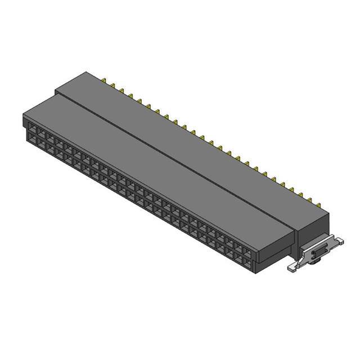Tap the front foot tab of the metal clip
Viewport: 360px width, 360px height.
coord(293,268)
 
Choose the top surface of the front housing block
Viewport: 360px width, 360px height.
coord(157,169)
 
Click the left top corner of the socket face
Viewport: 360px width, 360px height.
coord(24,116)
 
